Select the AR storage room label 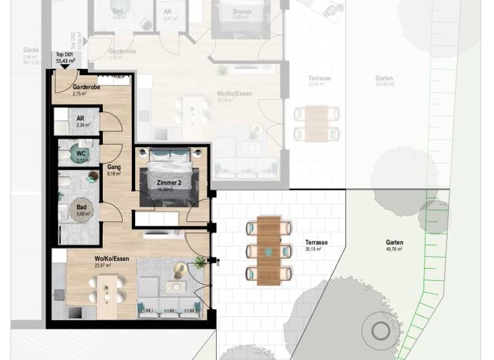(x=81, y=119)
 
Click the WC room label (x=81, y=154)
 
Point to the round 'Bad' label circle (x=82, y=210)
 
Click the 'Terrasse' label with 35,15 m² (x=316, y=242)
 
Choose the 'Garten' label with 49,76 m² (x=394, y=242)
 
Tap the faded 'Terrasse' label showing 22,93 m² (x=319, y=78)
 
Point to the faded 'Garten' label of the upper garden (x=384, y=78)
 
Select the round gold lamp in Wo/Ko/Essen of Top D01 (x=181, y=269)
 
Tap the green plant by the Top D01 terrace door (x=200, y=262)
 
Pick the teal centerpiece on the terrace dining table (x=269, y=251)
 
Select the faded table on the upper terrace (x=316, y=123)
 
